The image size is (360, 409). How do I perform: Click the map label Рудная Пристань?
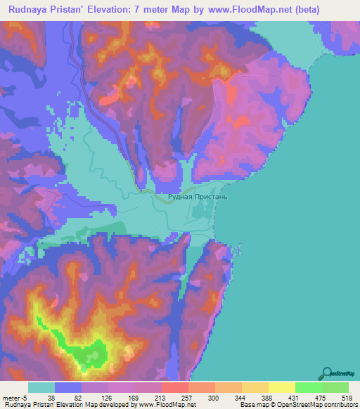point(198,198)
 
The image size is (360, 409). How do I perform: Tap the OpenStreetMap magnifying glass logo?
point(328,373)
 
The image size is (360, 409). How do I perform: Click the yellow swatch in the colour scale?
point(281,387)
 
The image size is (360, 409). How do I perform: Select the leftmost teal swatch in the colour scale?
point(41,387)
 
